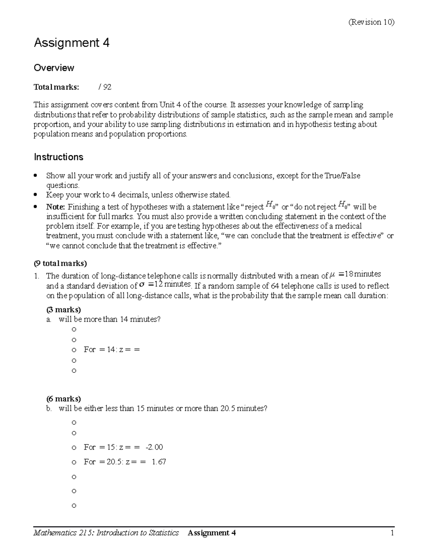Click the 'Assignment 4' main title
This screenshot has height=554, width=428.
tap(71, 43)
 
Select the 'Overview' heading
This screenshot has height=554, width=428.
tap(54, 68)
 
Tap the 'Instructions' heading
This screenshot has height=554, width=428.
tap(58, 157)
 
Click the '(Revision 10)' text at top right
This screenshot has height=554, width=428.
tap(371, 22)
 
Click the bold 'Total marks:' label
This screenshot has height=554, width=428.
tap(56, 87)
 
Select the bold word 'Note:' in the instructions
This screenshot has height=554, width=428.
tap(56, 207)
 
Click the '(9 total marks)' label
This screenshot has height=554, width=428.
tap(60, 264)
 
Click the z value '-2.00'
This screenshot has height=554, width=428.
tap(154, 447)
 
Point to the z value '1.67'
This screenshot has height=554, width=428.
tap(159, 462)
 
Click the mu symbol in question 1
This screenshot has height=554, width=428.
tap(333, 275)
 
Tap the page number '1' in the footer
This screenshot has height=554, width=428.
tap(392, 533)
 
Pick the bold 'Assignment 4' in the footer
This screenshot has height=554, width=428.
tap(212, 533)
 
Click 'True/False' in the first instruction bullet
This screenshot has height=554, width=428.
tap(343, 176)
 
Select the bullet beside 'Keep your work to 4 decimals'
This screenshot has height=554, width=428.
tap(35, 195)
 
